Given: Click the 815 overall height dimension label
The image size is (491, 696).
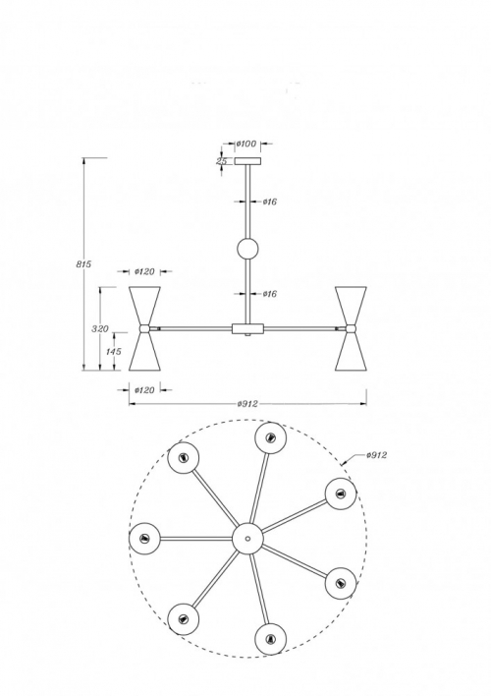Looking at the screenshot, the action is coord(83,264).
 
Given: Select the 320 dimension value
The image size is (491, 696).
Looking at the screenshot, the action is coord(100,329).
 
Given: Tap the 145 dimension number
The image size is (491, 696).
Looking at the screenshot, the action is coord(114,352).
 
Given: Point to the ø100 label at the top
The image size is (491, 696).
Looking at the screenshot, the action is coord(246,144).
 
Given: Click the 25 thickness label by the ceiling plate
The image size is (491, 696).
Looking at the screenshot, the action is coord(222,161).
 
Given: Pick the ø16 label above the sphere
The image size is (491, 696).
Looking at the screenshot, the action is coord(270,202).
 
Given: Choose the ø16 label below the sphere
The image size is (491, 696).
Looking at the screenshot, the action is coord(270,294).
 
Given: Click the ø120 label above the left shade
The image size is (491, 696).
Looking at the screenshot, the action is coord(144,271).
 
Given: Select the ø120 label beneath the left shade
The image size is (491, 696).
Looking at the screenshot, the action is coord(144,390).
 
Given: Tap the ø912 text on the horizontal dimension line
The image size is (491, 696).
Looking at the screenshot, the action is coord(247,404).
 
